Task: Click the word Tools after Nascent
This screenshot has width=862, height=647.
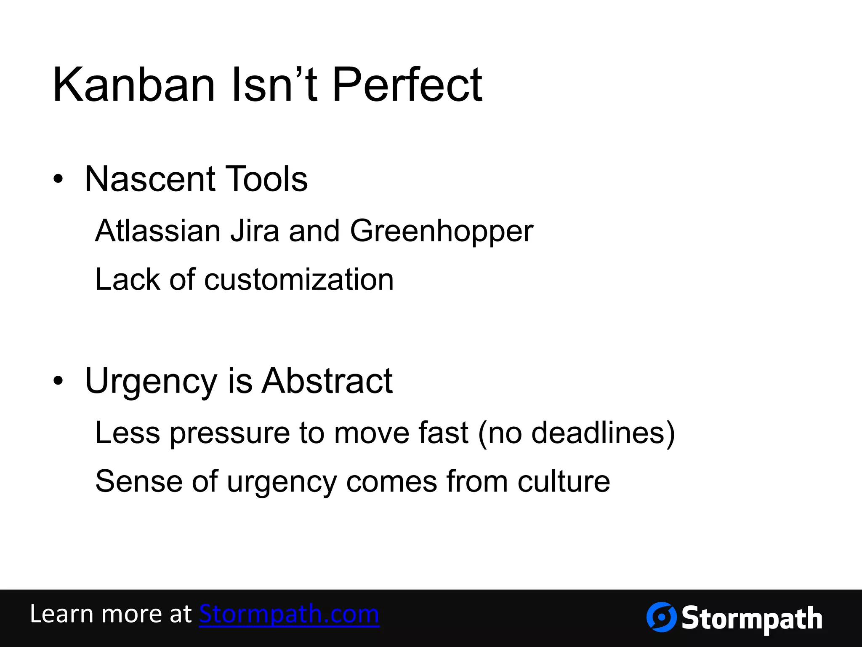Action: tap(266, 179)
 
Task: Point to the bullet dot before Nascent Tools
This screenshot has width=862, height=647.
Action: tap(58, 180)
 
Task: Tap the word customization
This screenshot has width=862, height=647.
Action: tap(299, 280)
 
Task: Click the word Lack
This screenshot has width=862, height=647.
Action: tap(128, 280)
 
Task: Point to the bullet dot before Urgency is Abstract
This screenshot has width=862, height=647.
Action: tap(58, 381)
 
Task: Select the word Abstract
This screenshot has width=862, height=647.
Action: tap(327, 381)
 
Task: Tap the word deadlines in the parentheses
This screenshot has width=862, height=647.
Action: tap(598, 433)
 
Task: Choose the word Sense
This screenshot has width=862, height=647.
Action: tap(139, 481)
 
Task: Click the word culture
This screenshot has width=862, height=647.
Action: tap(564, 481)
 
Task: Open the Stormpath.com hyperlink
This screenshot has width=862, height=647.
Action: tap(289, 614)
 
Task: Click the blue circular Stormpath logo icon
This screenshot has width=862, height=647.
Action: tap(661, 617)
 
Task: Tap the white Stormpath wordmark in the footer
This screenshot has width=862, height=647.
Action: tap(752, 619)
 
